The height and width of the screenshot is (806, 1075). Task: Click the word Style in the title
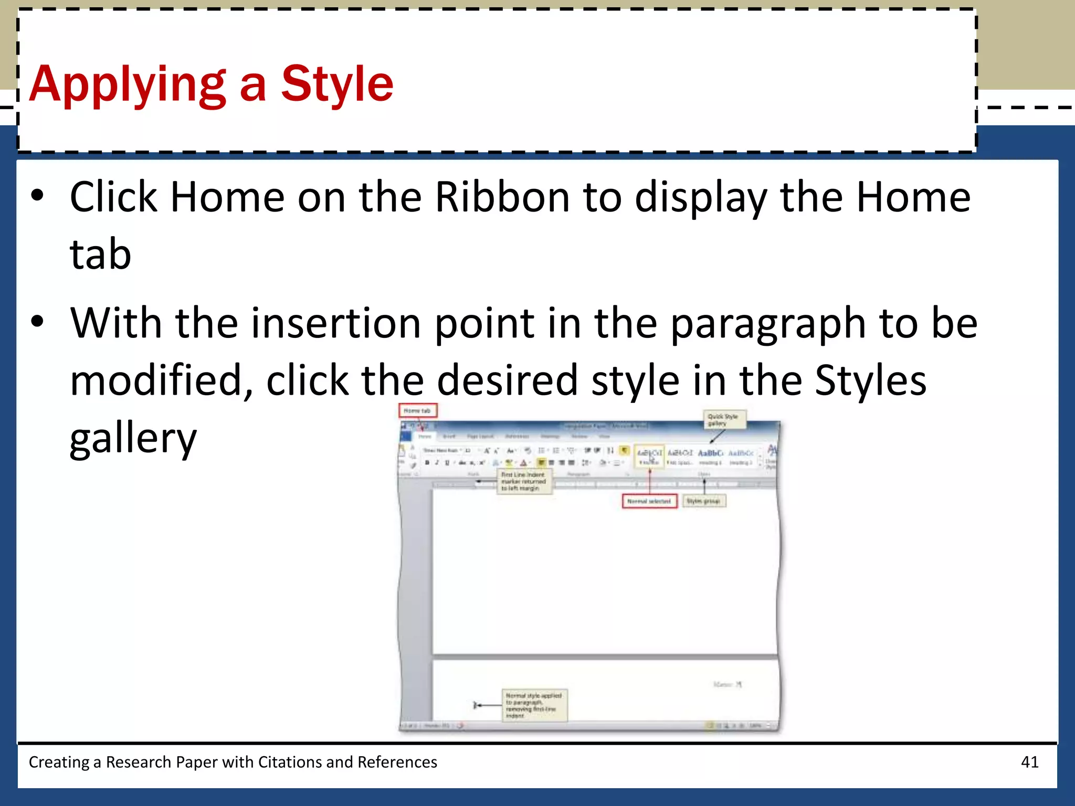pos(337,84)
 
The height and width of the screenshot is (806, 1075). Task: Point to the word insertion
pos(336,323)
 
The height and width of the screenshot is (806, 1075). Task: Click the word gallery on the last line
pos(133,438)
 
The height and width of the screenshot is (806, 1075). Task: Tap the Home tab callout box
pos(417,410)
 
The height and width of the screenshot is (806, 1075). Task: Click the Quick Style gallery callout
pos(724,419)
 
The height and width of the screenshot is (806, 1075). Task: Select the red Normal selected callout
pos(649,501)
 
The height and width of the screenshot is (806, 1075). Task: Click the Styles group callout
pos(703,501)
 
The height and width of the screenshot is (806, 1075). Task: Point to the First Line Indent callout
pos(524,481)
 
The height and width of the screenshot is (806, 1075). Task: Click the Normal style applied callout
pos(534,705)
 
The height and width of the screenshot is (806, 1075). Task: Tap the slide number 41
pos(1029,762)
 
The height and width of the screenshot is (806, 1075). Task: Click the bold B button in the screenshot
pos(427,463)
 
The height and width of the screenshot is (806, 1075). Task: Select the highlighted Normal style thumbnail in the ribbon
pos(649,456)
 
